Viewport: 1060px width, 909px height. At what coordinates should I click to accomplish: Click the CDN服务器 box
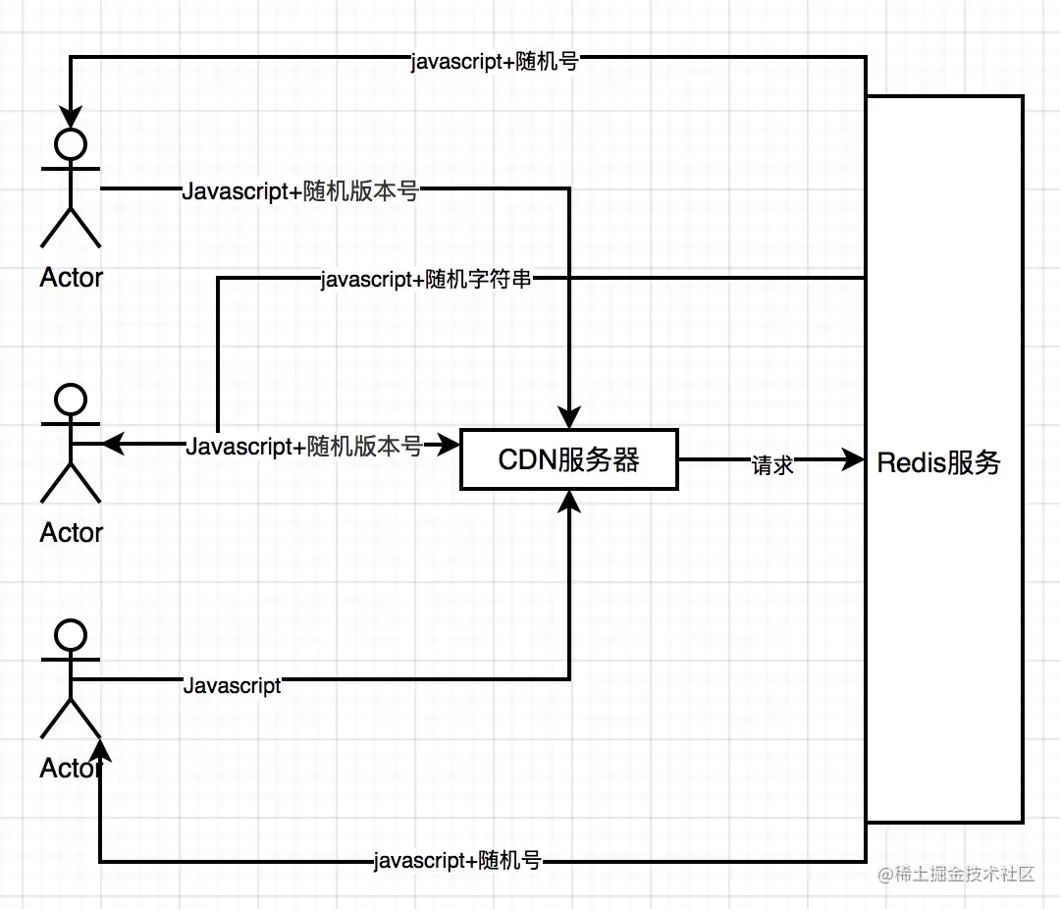(569, 459)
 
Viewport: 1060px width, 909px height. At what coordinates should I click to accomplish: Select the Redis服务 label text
(938, 462)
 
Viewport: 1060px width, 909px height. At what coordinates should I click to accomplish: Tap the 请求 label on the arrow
(772, 465)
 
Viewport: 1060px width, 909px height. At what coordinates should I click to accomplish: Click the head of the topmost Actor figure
(71, 143)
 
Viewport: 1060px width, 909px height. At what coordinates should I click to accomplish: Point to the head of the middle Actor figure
(71, 399)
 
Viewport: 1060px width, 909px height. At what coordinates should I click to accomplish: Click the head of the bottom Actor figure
(71, 634)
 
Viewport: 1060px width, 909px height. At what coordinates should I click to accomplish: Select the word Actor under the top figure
(71, 278)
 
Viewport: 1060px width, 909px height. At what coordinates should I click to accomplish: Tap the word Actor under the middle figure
(71, 533)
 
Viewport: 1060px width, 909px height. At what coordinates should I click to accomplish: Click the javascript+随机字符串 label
(427, 280)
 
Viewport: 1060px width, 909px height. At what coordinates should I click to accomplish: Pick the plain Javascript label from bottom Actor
(233, 685)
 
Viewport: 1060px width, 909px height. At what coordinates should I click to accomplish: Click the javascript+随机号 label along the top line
(493, 63)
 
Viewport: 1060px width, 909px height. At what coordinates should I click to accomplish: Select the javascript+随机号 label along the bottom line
(457, 862)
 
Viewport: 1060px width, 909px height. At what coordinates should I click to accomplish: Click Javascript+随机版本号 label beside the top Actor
(300, 192)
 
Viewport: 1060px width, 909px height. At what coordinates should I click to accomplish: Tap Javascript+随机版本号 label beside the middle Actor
(304, 447)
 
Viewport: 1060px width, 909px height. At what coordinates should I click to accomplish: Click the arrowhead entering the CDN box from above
(569, 418)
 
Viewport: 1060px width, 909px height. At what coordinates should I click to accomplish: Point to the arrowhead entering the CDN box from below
(569, 501)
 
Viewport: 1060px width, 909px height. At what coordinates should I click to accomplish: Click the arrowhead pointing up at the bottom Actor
(100, 752)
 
